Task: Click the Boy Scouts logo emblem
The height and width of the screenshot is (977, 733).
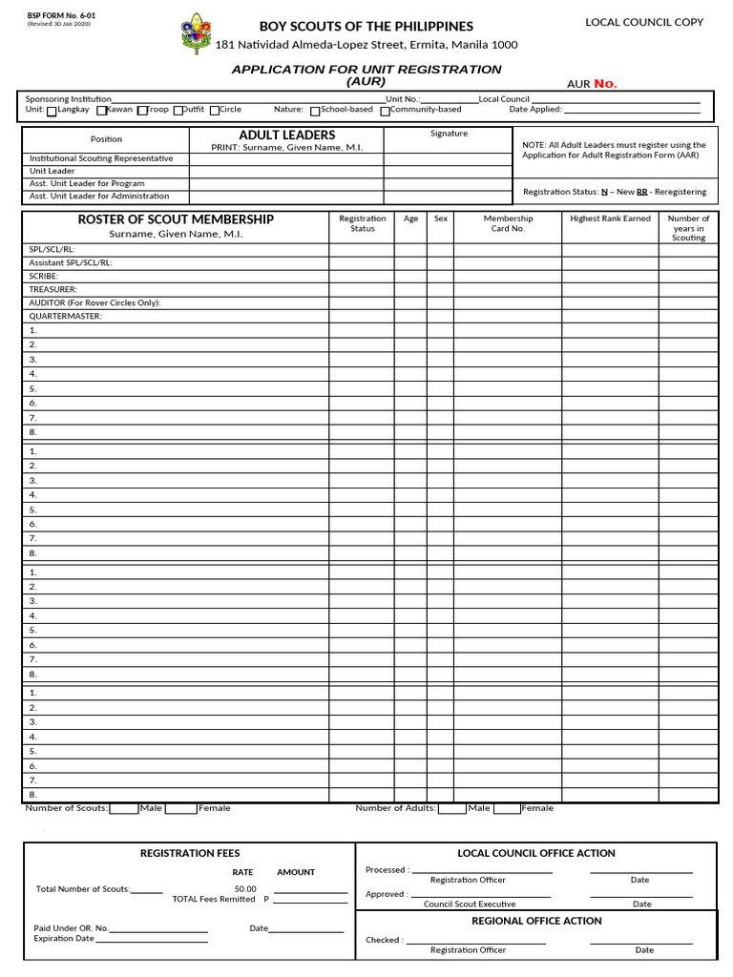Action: click(197, 33)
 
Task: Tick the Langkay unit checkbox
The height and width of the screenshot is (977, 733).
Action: click(52, 111)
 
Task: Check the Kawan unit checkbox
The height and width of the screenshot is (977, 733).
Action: click(101, 111)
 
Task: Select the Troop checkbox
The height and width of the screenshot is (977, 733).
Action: click(142, 111)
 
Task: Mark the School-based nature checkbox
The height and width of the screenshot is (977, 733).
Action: click(315, 111)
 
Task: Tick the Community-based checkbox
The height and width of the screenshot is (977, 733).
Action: click(385, 111)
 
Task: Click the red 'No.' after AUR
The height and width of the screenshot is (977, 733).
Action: click(605, 84)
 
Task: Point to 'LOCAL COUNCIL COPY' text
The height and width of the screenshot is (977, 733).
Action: click(644, 22)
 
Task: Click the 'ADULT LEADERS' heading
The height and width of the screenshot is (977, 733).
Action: click(286, 135)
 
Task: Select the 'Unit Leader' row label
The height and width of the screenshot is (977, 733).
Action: click(52, 171)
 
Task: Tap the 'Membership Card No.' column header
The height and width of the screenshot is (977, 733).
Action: click(508, 223)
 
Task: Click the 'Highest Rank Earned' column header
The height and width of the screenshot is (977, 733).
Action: click(610, 218)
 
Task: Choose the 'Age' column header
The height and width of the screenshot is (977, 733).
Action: click(410, 218)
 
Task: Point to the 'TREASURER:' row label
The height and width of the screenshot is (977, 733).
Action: click(52, 289)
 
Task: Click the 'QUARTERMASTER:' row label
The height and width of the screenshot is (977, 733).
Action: click(65, 316)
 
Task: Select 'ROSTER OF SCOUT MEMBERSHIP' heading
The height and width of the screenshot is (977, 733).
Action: click(176, 219)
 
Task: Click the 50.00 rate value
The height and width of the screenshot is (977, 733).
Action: click(245, 888)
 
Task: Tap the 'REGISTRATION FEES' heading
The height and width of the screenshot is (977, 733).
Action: click(190, 853)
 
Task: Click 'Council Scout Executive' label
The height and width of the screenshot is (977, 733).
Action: click(470, 904)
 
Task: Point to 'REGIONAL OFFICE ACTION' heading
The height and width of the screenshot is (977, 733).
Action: click(536, 921)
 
